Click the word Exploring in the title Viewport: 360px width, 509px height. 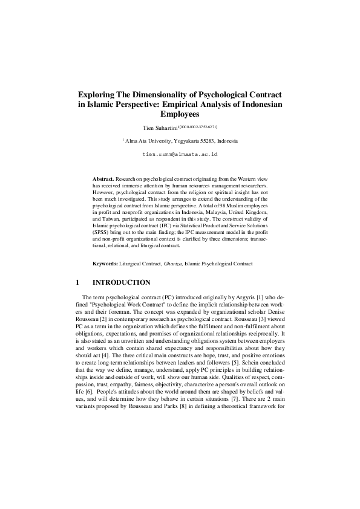click(99, 95)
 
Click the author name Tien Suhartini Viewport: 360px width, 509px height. click(160, 128)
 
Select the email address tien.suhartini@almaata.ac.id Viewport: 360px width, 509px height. click(180, 155)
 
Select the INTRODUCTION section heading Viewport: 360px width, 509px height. click(120, 282)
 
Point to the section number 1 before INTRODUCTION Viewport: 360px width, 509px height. click(77, 282)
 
